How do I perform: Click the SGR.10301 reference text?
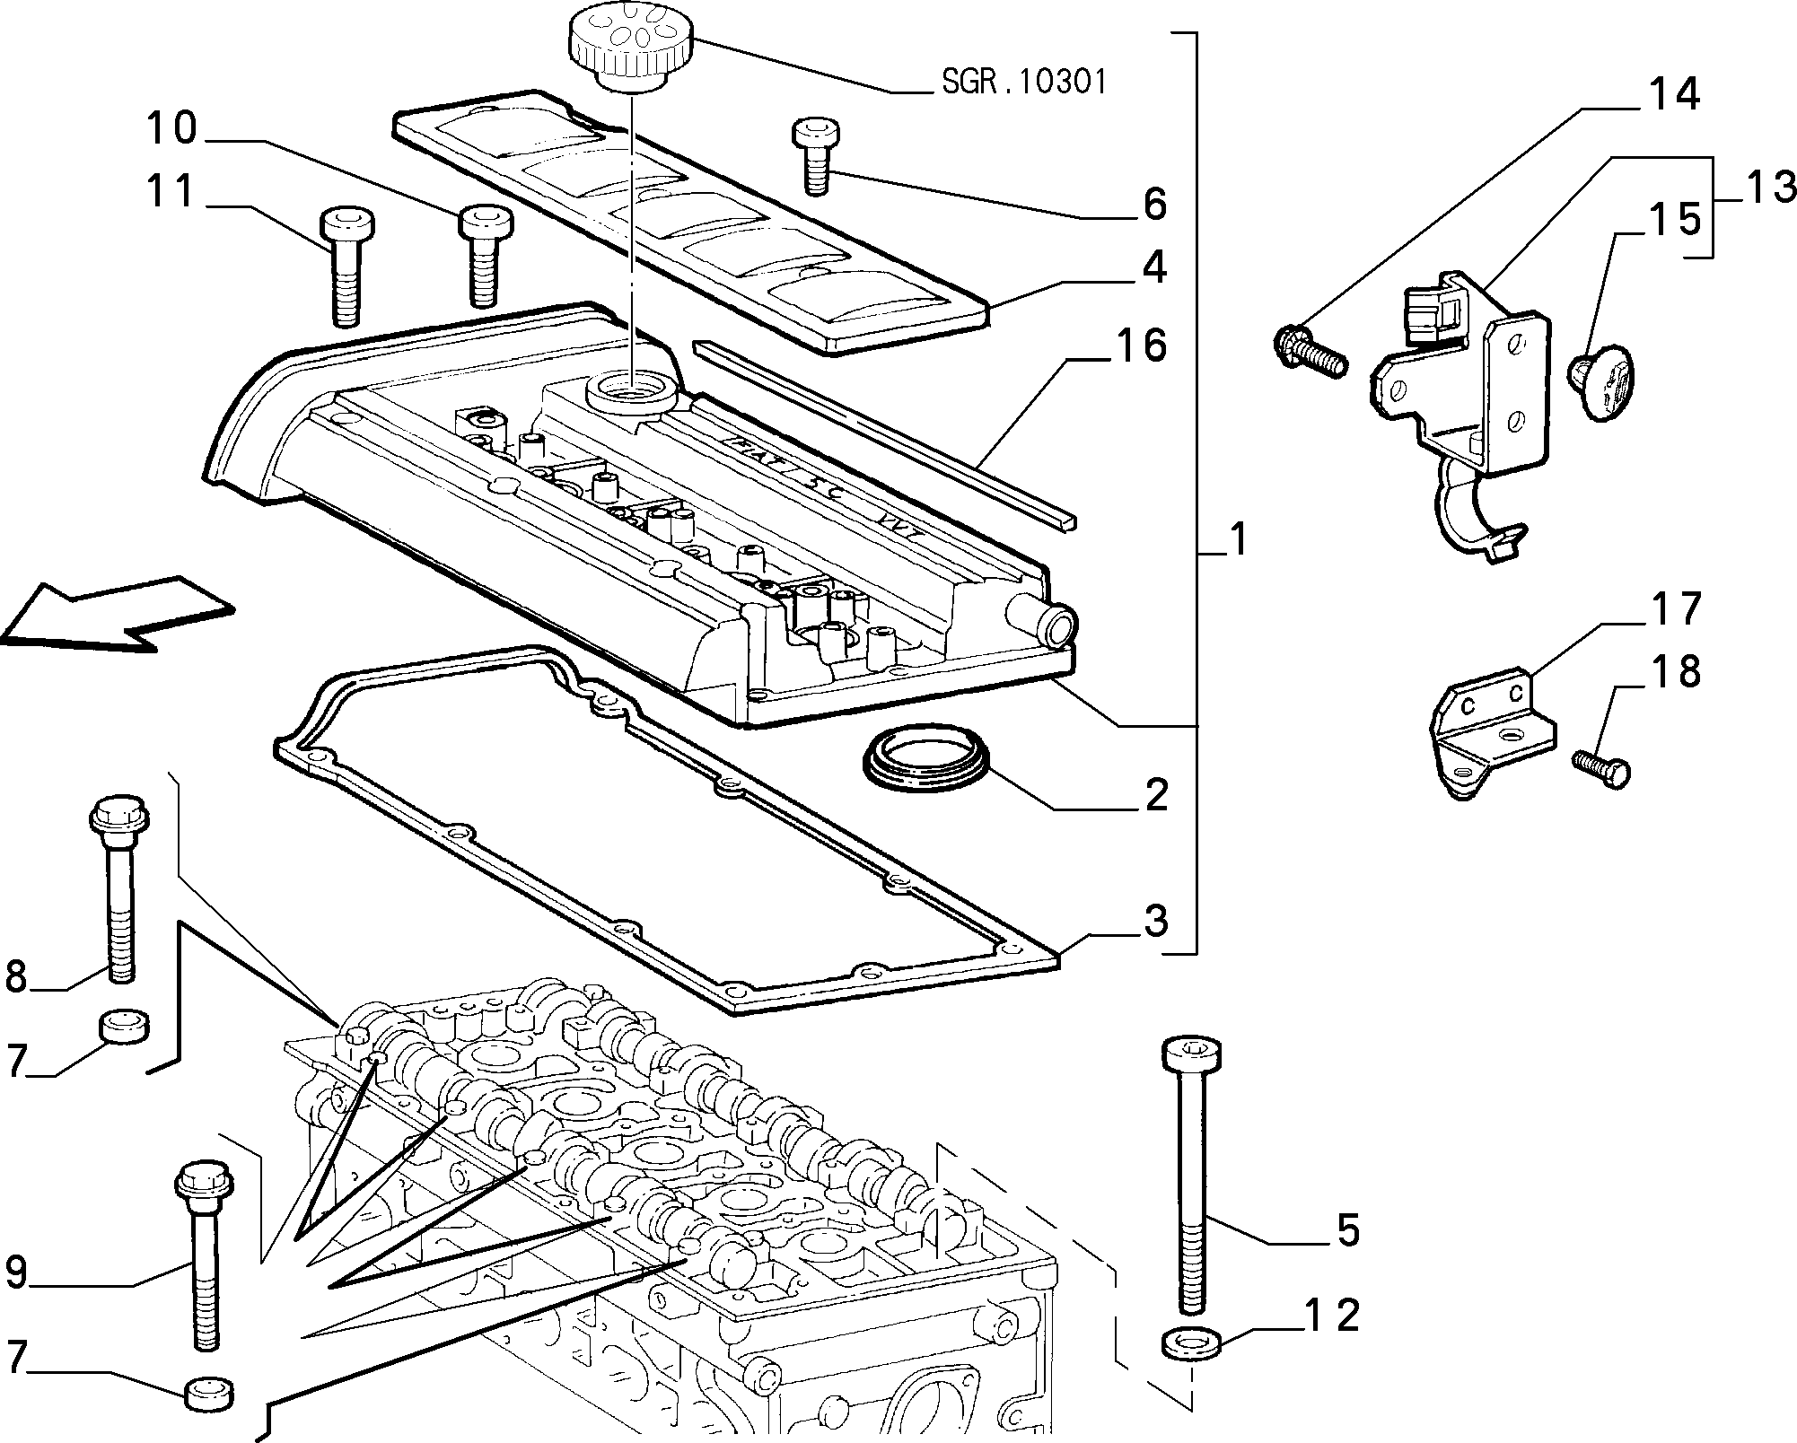1024,83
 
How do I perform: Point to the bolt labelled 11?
347,267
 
